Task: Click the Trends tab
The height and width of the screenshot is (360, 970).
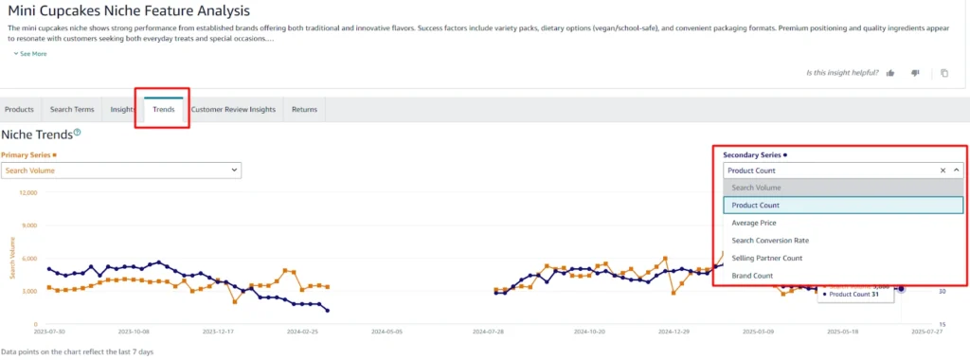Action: (163, 109)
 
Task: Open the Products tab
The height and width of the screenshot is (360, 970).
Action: (20, 109)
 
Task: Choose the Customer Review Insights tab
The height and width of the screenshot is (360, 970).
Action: (233, 109)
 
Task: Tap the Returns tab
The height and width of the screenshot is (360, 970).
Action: (304, 109)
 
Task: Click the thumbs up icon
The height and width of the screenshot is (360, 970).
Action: (890, 73)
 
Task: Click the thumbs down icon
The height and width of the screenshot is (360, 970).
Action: (915, 73)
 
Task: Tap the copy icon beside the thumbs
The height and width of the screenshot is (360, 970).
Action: (943, 73)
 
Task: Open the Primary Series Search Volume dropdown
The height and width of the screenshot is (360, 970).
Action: (120, 171)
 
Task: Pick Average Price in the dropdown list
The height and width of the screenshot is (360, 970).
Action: (754, 223)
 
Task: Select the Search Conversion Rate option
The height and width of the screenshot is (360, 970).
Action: (770, 241)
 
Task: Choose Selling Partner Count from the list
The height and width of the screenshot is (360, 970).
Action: (767, 258)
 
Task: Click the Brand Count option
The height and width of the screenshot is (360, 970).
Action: (752, 276)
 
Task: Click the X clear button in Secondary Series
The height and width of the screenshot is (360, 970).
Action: (943, 171)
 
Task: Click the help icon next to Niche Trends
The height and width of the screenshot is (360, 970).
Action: (78, 134)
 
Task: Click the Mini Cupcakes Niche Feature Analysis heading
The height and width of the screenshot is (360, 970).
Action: (130, 12)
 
